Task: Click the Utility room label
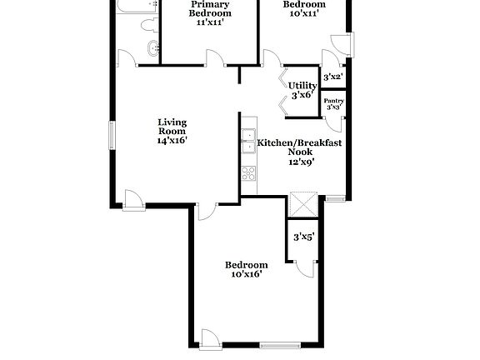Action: [x=302, y=85]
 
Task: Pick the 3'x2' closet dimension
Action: [x=332, y=77]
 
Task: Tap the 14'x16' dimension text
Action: [x=172, y=141]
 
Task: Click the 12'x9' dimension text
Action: [x=299, y=162]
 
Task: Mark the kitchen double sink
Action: [x=247, y=142]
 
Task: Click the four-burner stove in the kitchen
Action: [x=247, y=173]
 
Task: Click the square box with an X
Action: [x=302, y=206]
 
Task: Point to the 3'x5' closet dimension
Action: [x=302, y=237]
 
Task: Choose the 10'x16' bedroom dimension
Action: [x=246, y=272]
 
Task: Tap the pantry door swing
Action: [x=331, y=121]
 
